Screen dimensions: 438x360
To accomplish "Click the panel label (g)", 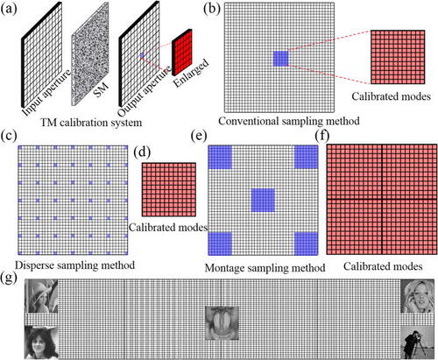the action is tap(9, 278).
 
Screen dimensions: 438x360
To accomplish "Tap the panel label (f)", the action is tap(321, 136).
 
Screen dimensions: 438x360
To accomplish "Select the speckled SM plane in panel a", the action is tap(90, 54).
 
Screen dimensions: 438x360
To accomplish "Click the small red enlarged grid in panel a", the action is tap(182, 53).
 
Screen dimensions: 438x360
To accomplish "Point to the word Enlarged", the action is tap(191, 73).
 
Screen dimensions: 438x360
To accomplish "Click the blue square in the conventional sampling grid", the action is tap(280, 59).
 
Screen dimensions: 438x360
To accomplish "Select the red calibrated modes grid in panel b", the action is tap(398, 57).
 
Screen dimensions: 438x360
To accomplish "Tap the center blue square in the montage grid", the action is tap(263, 200).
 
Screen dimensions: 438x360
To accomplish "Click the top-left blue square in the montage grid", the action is tap(220, 157).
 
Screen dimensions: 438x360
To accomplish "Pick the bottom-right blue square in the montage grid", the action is tap(306, 244).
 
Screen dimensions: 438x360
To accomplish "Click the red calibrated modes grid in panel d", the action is tap(169, 189).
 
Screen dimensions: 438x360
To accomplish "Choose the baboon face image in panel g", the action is tap(222, 323).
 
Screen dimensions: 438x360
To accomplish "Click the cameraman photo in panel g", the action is tap(417, 342).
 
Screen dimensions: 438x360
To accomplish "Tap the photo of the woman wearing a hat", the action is tap(41, 296).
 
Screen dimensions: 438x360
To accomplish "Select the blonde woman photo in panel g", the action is tap(417, 296).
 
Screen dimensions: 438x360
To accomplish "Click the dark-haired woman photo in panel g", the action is tap(41, 342).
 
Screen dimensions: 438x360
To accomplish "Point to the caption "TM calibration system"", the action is tap(91, 122).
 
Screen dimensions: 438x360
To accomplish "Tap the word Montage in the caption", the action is tap(224, 268).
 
